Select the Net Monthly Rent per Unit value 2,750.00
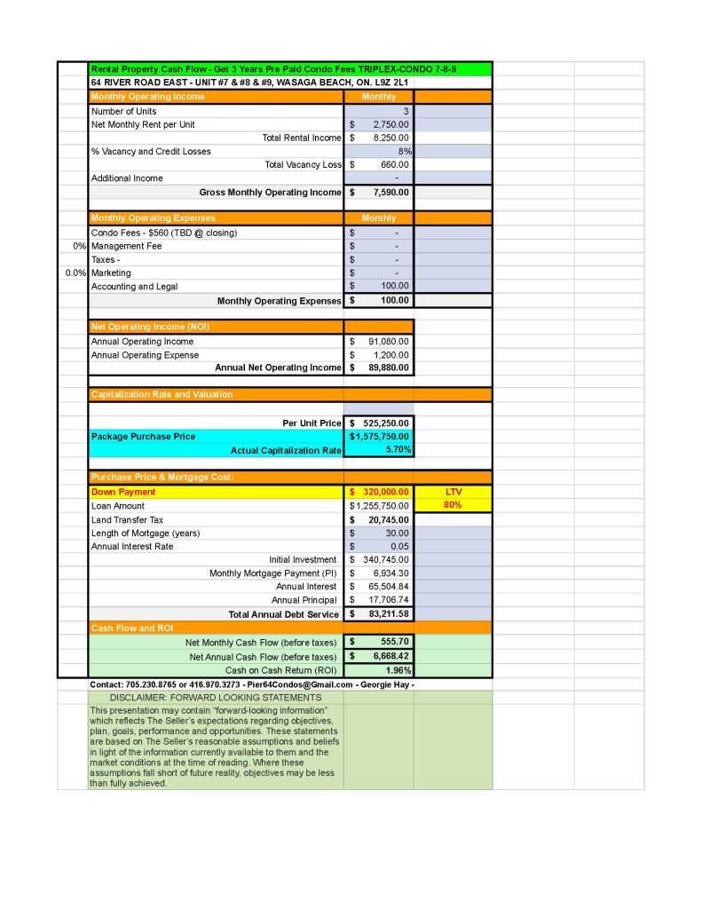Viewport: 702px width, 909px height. [x=390, y=125]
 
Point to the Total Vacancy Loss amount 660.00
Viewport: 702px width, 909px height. [x=395, y=164]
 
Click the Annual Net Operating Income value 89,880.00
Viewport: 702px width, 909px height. [x=389, y=368]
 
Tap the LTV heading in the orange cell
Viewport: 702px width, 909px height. [x=454, y=492]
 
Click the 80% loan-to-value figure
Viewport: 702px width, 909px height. [x=454, y=505]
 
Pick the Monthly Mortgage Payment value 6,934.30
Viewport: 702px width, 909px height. [x=390, y=573]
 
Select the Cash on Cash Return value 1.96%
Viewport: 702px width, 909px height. [x=398, y=670]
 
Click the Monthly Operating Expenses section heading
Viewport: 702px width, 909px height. [x=153, y=217]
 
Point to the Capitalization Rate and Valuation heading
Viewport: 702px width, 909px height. [x=162, y=394]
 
